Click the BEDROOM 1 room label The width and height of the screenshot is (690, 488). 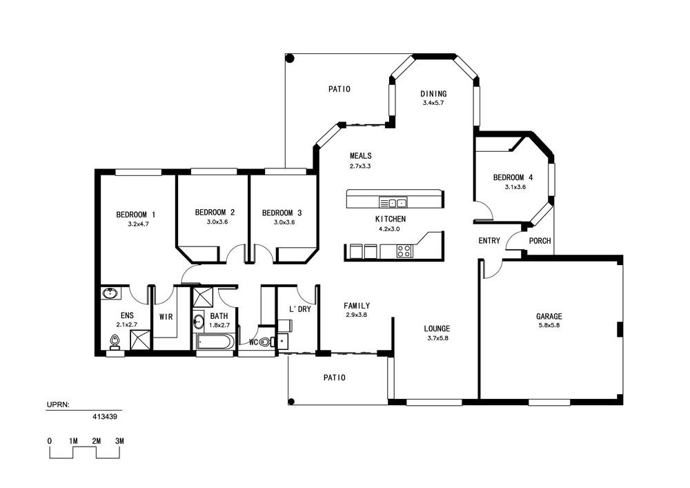(x=135, y=215)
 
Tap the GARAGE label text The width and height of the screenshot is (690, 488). (x=549, y=316)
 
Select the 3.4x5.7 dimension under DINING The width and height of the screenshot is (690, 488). (x=433, y=103)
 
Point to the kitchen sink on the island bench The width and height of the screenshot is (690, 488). (x=393, y=203)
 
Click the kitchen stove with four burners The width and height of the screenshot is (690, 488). (x=404, y=251)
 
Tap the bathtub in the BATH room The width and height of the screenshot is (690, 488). (x=215, y=342)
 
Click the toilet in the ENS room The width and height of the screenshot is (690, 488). (x=115, y=342)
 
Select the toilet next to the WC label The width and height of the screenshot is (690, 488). (x=265, y=342)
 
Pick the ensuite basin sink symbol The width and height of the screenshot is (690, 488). (x=110, y=293)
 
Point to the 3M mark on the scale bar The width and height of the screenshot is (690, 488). (x=119, y=441)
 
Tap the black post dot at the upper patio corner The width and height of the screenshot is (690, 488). (x=290, y=58)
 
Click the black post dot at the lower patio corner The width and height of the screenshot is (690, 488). (x=291, y=401)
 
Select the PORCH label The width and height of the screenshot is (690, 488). (x=540, y=241)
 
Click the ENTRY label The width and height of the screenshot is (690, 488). (x=489, y=241)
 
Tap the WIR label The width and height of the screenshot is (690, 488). (x=166, y=317)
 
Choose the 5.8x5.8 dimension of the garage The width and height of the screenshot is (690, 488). (x=549, y=326)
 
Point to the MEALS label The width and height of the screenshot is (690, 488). (x=360, y=156)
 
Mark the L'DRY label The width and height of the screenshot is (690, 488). (x=299, y=309)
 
